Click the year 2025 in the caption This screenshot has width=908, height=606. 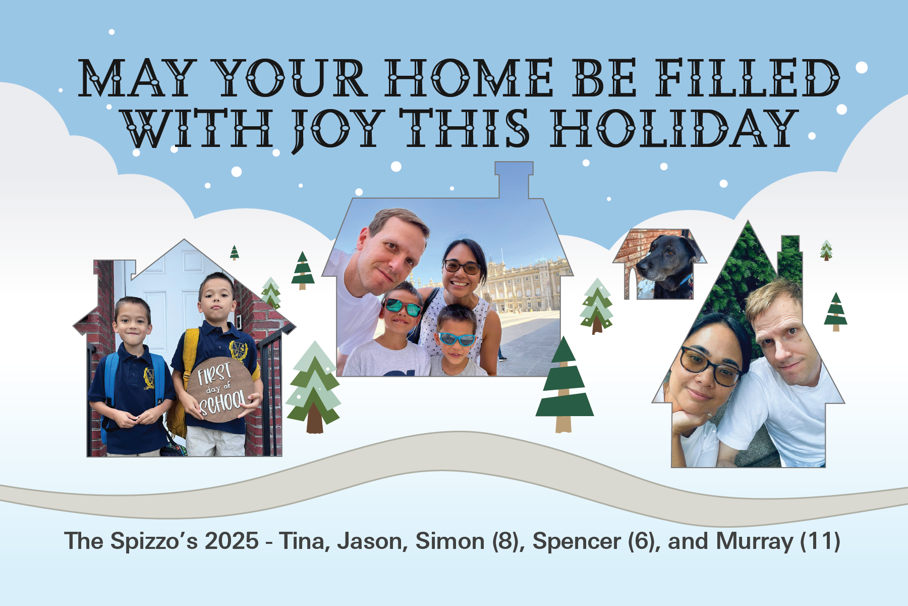point(232,541)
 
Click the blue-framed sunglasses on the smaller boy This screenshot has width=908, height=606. point(457,338)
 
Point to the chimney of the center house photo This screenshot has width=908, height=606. point(514,180)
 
